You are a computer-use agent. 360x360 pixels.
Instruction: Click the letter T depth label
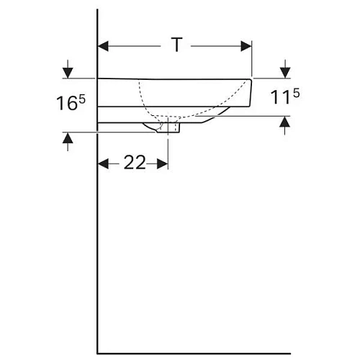[x=175, y=45]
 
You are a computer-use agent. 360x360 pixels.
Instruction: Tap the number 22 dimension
[x=134, y=163]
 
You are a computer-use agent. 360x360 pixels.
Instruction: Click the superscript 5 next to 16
[x=81, y=98]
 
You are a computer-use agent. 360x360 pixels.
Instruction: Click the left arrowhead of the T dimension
[x=103, y=45]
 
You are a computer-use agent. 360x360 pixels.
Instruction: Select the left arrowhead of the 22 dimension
[x=102, y=163]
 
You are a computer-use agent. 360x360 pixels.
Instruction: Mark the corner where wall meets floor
[x=97, y=353]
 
